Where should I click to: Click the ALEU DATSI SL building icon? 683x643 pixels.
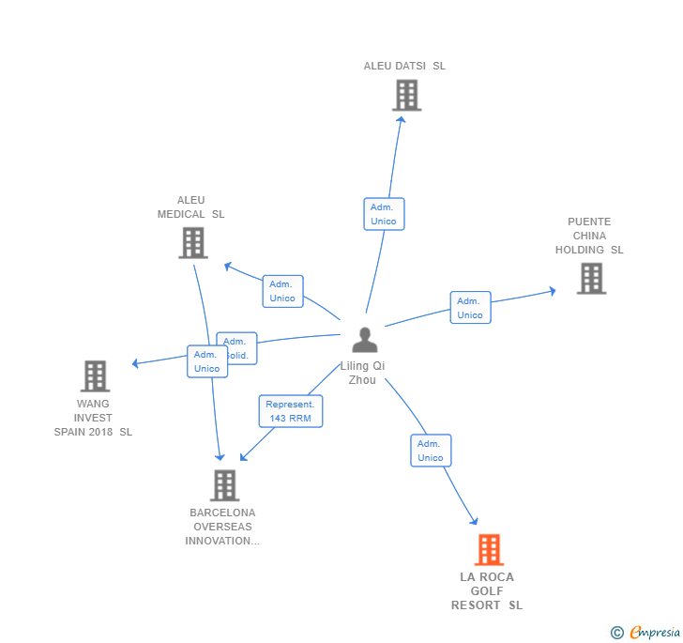point(406,96)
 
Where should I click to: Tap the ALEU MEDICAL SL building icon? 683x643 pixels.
point(192,243)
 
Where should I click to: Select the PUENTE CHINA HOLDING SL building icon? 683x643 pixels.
point(591,279)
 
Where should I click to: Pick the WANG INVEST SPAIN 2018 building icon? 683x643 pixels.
point(95,376)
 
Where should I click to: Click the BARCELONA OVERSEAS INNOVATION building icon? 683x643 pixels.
point(224,485)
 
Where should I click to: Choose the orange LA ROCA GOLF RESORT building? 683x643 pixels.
point(489,550)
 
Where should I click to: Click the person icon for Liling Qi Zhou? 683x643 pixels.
point(364,340)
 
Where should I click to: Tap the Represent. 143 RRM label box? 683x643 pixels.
point(290,411)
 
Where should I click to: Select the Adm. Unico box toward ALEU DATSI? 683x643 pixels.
point(384,214)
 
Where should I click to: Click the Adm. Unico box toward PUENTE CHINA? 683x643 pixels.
point(470,308)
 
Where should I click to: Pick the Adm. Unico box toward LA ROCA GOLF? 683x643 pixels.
point(431,451)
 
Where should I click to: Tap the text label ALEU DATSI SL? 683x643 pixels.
point(405,66)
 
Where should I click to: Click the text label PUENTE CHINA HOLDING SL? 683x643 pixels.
point(589,237)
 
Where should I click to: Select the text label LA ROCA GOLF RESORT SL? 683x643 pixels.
point(487,591)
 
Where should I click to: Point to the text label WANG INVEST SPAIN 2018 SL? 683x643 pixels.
point(93,418)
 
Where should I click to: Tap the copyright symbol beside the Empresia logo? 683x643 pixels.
point(617,633)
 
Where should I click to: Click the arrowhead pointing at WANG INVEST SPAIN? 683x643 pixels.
point(136,363)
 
